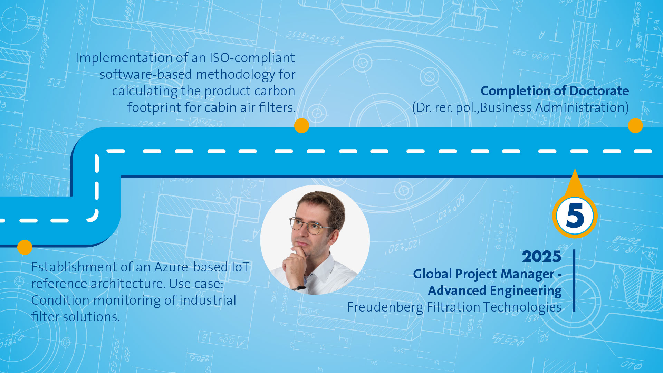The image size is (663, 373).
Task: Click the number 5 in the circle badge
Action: (x=575, y=216)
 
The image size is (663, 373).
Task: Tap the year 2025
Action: (x=541, y=257)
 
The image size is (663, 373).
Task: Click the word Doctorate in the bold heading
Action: (x=599, y=91)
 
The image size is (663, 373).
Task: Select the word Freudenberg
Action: (x=385, y=307)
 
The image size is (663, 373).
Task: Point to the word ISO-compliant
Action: (x=252, y=58)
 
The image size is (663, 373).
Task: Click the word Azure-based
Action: (x=191, y=267)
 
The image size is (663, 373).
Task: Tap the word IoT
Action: (x=240, y=267)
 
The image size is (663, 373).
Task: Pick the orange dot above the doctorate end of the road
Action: (x=635, y=125)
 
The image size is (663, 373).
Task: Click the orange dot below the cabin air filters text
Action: (x=301, y=125)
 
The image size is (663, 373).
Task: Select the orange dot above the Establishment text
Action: (x=25, y=247)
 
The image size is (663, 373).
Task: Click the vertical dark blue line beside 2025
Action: (x=574, y=280)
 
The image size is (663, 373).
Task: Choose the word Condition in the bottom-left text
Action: (x=60, y=300)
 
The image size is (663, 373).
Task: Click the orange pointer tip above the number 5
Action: (x=575, y=169)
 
